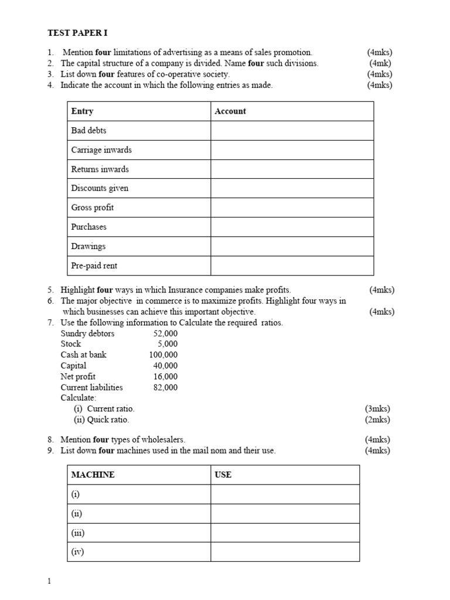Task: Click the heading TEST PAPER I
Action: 77,33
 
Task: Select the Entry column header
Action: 82,111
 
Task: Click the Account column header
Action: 230,111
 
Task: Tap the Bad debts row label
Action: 88,131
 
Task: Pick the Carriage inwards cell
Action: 101,150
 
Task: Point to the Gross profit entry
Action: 93,207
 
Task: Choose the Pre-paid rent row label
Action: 94,265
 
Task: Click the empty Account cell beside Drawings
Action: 292,246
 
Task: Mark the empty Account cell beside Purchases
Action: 292,227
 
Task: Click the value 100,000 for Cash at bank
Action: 163,354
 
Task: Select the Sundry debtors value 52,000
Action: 165,333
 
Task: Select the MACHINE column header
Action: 93,475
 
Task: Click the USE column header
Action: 223,475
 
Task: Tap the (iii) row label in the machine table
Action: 77,533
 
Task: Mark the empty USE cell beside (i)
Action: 285,494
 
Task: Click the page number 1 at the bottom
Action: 49,581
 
